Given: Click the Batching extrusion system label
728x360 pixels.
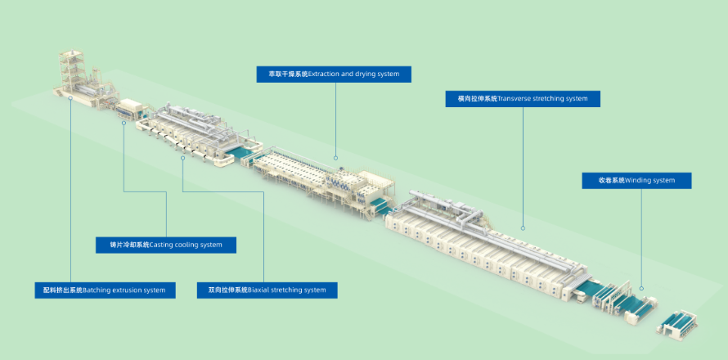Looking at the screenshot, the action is click(105, 290).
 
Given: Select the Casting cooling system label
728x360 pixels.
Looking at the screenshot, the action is click(166, 245).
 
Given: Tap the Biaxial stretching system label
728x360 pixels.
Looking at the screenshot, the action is click(267, 290).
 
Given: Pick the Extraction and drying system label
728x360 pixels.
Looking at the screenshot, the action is click(334, 74).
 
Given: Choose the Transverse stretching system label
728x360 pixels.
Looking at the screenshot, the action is click(523, 99).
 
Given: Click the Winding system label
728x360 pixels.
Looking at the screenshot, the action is click(636, 181).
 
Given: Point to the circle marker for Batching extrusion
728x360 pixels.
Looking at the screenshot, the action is click(70, 98).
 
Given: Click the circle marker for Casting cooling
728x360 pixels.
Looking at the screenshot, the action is click(124, 123).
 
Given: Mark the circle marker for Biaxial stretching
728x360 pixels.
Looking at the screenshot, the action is click(183, 158).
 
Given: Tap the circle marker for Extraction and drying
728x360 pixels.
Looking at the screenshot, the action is click(335, 159).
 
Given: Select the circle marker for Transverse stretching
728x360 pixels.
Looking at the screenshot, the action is click(523, 228).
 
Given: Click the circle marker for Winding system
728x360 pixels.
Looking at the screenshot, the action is click(642, 289).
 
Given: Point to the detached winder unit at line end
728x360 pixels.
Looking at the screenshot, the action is click(677, 324).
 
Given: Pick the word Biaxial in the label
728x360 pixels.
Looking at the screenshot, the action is click(258, 290).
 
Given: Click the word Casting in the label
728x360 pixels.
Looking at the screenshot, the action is click(161, 245).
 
